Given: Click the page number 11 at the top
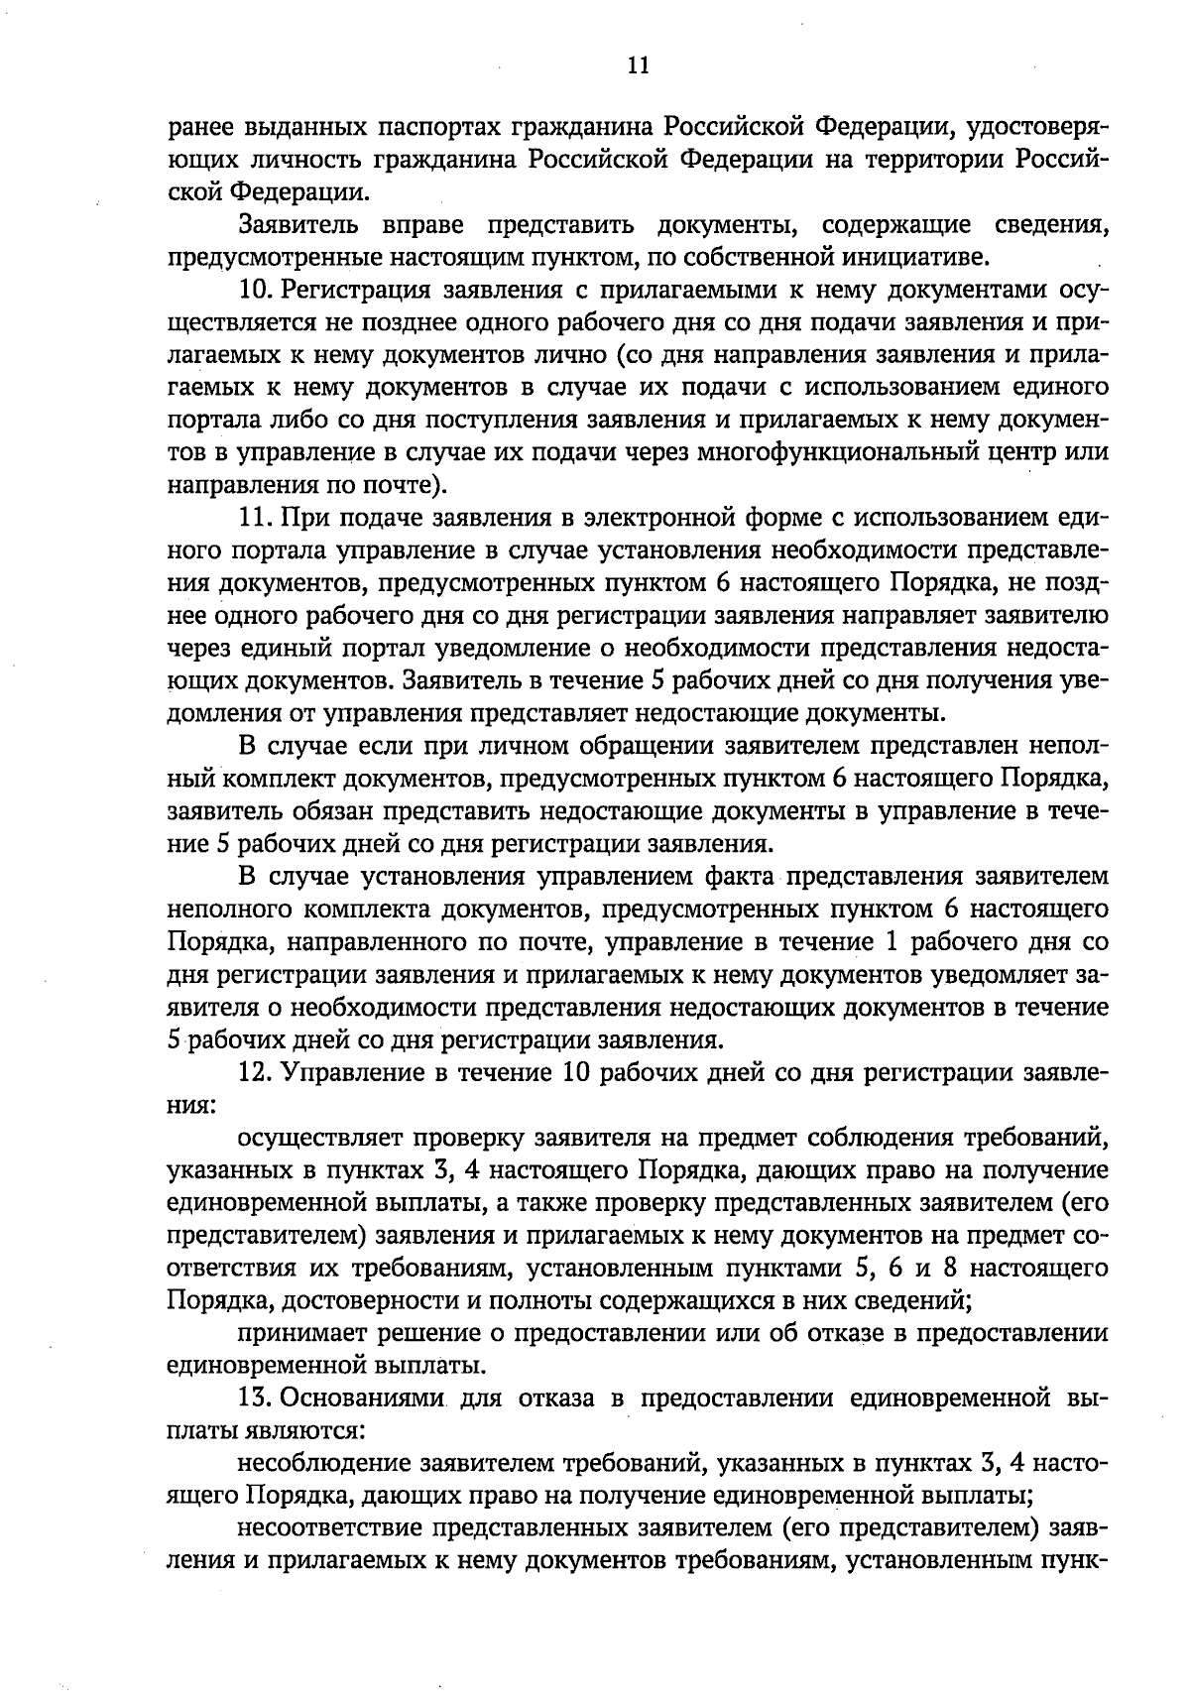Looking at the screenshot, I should click(638, 65).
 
